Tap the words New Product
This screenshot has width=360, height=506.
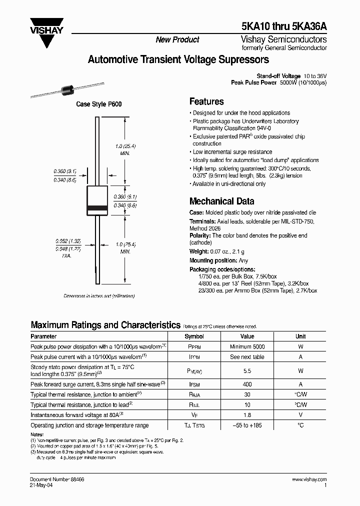(x=177, y=40)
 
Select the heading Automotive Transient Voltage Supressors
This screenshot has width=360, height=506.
(x=178, y=60)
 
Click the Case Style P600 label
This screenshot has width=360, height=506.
(x=98, y=104)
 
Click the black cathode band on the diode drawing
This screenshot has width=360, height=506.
(x=97, y=207)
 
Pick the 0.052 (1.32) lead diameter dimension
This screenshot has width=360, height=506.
(x=67, y=240)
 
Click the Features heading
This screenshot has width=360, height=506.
(x=206, y=101)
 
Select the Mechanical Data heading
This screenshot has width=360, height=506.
(x=221, y=201)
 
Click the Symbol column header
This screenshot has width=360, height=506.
(x=194, y=336)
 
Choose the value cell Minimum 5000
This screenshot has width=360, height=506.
(x=247, y=346)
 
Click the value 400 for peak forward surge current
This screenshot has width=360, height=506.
(x=247, y=384)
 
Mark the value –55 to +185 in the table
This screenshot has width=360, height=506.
(x=247, y=425)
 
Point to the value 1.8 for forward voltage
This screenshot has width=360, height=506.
(x=247, y=414)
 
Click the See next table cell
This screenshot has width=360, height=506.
(x=247, y=357)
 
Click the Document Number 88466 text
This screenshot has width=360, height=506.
(x=57, y=479)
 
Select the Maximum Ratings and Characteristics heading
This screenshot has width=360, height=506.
(x=105, y=325)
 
